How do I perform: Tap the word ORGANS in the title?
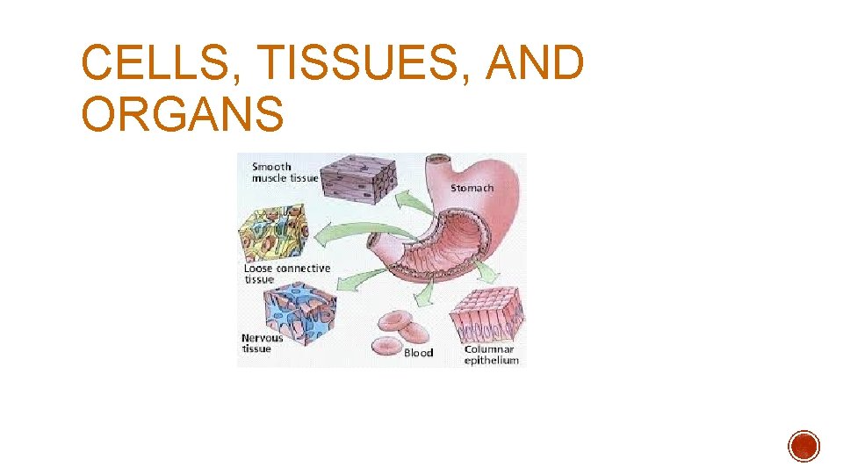(x=183, y=115)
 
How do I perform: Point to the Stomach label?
(x=472, y=187)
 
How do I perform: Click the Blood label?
(x=418, y=353)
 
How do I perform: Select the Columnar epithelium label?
(x=491, y=355)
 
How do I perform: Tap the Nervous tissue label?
(x=262, y=343)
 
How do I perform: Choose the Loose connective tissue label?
(x=286, y=274)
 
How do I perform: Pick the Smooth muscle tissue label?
(x=284, y=172)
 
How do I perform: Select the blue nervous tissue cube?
(x=299, y=312)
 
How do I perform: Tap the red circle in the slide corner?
(x=803, y=446)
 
